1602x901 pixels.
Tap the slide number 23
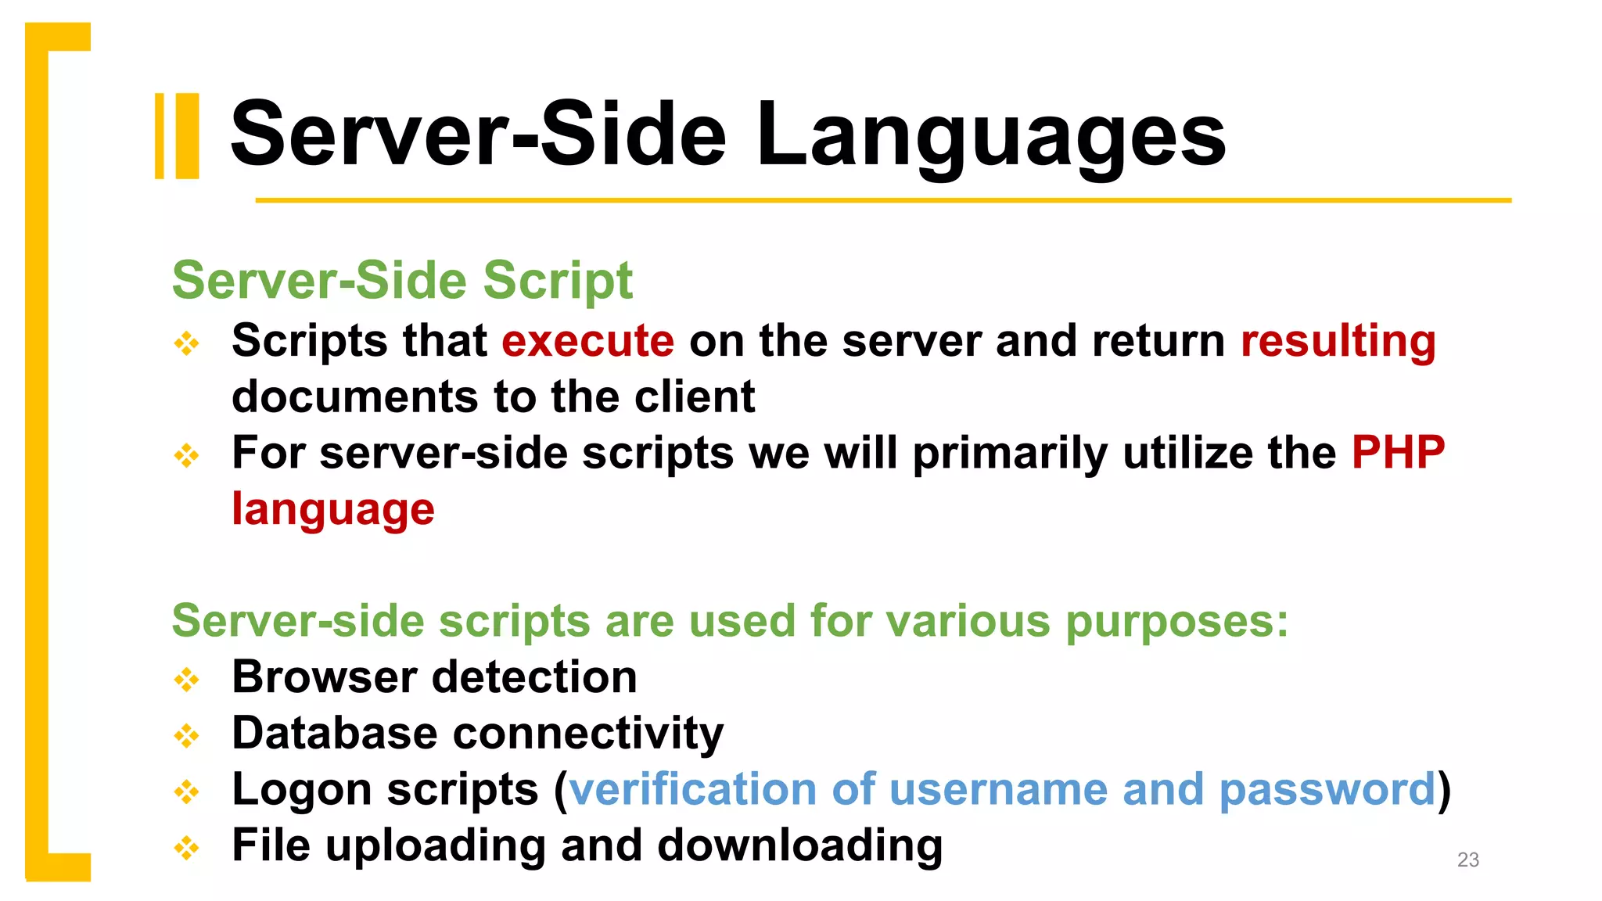[1467, 860]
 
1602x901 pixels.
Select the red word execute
[587, 342]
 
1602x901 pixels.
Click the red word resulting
[1338, 342]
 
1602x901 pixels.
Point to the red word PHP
[1398, 453]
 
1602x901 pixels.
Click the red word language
[333, 510]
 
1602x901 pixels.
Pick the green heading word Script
[557, 280]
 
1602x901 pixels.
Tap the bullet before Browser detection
[187, 679]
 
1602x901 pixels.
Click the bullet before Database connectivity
[187, 735]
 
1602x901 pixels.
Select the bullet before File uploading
[187, 847]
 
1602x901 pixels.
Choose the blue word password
[1327, 791]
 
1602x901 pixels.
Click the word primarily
[1009, 454]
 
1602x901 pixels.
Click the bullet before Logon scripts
[187, 792]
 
